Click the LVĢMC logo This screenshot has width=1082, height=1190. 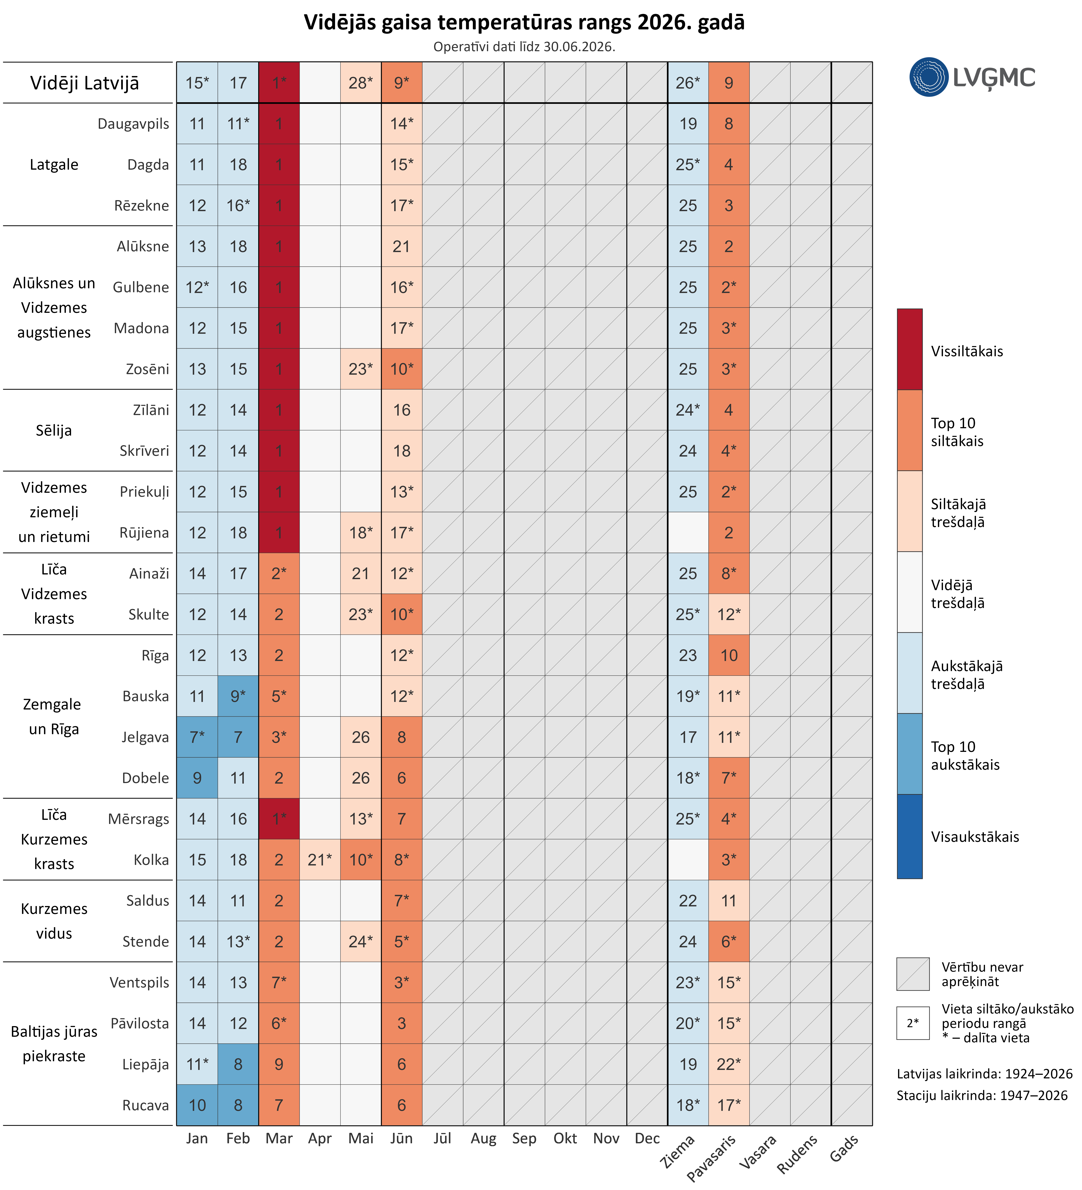[x=972, y=77]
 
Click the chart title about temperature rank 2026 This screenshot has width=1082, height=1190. [x=524, y=22]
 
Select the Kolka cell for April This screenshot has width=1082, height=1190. [x=320, y=860]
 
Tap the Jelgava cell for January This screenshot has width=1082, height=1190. [x=197, y=737]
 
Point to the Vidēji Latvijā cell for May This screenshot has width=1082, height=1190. [x=361, y=83]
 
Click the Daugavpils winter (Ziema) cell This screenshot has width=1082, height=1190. [x=688, y=123]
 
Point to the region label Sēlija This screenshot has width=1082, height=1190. [x=54, y=430]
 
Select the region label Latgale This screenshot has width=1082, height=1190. [x=54, y=165]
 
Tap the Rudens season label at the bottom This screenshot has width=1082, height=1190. [x=797, y=1154]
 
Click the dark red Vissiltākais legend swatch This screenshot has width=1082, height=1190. [x=910, y=349]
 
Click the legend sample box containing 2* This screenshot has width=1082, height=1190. [x=913, y=1023]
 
